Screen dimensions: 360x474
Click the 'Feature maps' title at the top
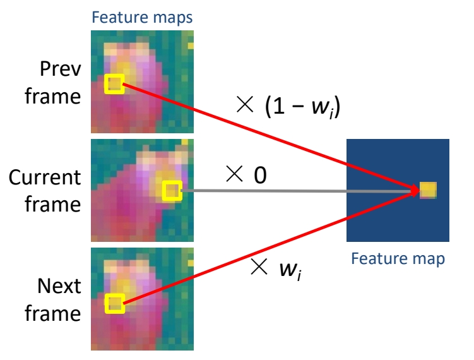click(142, 17)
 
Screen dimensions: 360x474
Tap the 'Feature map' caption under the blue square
click(397, 258)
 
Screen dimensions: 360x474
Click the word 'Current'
click(45, 177)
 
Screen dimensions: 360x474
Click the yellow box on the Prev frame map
click(114, 83)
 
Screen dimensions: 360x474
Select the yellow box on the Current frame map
click(171, 190)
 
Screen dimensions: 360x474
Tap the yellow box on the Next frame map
click(114, 304)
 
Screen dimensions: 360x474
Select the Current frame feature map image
click(142, 190)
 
